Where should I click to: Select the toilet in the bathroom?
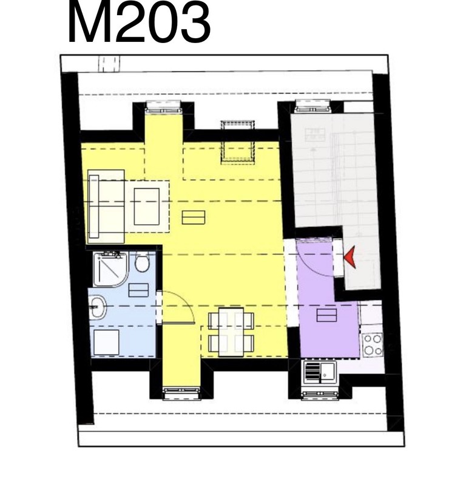click(x=141, y=262)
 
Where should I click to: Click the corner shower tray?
click(x=111, y=269)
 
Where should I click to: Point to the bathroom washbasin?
click(x=98, y=307)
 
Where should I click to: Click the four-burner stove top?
click(x=373, y=344)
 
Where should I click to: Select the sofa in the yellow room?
click(x=106, y=207)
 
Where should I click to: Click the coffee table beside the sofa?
click(x=146, y=207)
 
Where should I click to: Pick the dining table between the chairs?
click(x=231, y=332)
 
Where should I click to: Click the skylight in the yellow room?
click(x=238, y=142)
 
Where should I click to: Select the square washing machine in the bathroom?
click(x=106, y=342)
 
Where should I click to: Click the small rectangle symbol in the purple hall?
click(x=326, y=315)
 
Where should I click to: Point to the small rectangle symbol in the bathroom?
click(x=138, y=290)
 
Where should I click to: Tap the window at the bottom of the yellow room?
click(x=181, y=393)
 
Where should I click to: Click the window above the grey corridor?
click(x=313, y=107)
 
